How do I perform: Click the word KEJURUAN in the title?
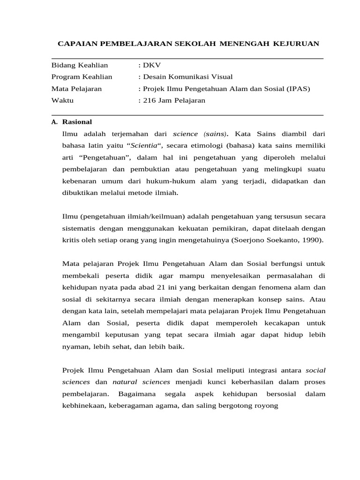(x=296, y=44)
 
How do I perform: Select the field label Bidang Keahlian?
(x=80, y=65)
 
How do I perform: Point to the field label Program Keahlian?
(x=85, y=77)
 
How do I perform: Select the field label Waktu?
(x=62, y=100)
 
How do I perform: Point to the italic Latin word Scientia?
(x=143, y=145)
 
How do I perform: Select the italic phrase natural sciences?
(x=142, y=382)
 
